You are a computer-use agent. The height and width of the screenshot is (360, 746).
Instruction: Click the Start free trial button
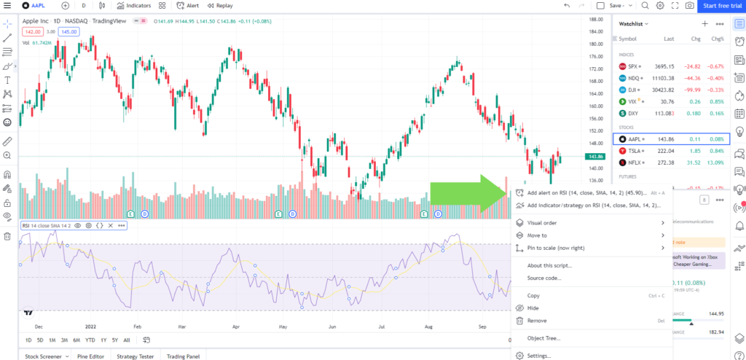[x=721, y=6]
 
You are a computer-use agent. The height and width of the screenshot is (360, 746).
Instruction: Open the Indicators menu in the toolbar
[x=133, y=6]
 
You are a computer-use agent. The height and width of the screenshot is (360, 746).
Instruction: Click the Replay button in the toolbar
[x=220, y=6]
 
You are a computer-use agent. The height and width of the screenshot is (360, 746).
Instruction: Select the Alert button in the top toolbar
[x=188, y=6]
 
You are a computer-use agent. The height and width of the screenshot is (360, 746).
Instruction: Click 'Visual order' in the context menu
[x=542, y=223]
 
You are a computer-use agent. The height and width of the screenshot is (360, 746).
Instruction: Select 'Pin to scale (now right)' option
[x=556, y=248]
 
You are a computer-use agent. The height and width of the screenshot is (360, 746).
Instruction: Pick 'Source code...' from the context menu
[x=544, y=278]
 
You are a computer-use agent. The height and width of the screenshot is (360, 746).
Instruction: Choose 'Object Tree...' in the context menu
[x=543, y=338]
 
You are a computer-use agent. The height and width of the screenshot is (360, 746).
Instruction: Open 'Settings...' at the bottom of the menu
[x=539, y=356]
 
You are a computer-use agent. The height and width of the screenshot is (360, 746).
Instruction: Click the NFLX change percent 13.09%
[x=717, y=162]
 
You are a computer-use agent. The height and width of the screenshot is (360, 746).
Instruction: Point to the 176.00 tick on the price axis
[x=597, y=56]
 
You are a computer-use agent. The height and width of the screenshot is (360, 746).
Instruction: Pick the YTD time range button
[x=90, y=340]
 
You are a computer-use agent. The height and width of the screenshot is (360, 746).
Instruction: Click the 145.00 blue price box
[x=69, y=32]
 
